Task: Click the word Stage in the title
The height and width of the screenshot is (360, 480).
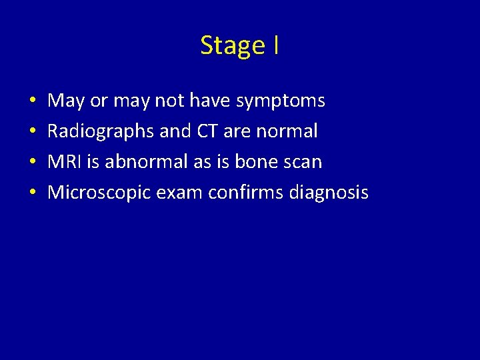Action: [x=232, y=46]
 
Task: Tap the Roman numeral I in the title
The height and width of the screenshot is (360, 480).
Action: [x=275, y=45]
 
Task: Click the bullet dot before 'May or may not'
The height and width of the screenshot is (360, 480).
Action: [x=33, y=101]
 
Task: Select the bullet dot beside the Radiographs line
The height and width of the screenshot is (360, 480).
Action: [x=33, y=132]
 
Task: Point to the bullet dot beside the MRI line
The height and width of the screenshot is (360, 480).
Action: [x=33, y=163]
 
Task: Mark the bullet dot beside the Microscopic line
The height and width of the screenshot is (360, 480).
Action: [x=33, y=193]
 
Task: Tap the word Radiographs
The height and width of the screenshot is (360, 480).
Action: [x=101, y=131]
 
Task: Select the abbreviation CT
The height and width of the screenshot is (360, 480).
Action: [x=205, y=131]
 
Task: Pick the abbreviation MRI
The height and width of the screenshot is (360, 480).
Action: [x=64, y=162]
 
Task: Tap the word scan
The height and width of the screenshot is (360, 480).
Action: [x=304, y=162]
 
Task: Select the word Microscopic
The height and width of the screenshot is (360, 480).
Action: [x=101, y=193]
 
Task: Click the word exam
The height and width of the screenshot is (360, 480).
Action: [x=181, y=193]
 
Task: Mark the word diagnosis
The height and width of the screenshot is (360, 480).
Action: [x=329, y=193]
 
